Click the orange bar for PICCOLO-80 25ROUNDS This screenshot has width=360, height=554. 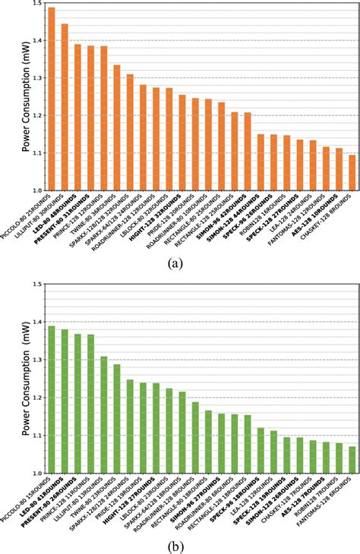52,99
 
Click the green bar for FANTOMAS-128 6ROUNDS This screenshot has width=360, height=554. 352,460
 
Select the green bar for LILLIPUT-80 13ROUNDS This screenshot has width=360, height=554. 103,414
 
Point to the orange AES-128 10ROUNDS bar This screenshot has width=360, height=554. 339,169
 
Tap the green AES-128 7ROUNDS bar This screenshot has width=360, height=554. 313,457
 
